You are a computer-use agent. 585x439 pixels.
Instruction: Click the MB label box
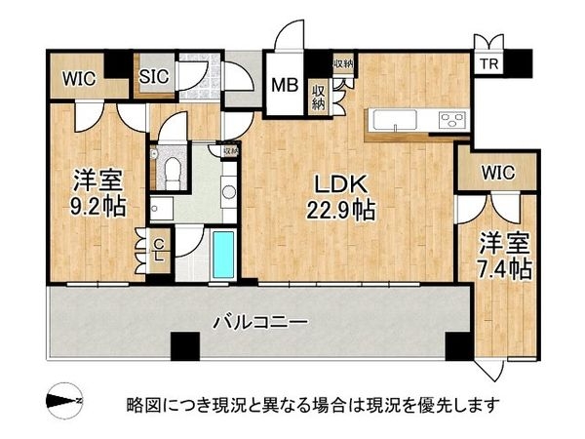click(x=284, y=85)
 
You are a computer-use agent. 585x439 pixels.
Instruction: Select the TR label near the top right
click(x=487, y=64)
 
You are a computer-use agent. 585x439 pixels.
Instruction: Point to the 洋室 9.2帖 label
click(x=97, y=192)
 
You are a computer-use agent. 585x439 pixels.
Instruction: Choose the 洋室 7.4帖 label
click(x=503, y=257)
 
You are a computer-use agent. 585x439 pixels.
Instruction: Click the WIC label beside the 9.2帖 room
click(x=79, y=80)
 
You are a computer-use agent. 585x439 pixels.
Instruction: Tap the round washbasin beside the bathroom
click(x=228, y=192)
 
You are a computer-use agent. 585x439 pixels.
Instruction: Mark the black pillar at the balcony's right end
click(x=455, y=344)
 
